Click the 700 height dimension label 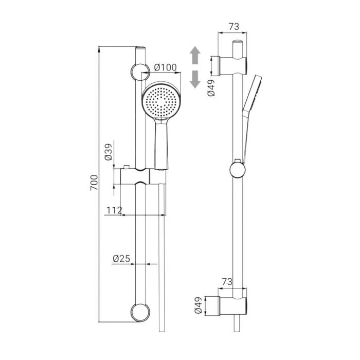tap(94, 183)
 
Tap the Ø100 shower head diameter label tap(166, 67)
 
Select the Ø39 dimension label tap(108, 152)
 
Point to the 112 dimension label tap(114, 210)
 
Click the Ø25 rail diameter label tap(121, 259)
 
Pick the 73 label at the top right tap(233, 27)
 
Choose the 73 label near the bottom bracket tap(227, 281)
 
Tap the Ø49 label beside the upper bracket tap(211, 88)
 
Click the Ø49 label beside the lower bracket tap(198, 305)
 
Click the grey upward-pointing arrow tap(195, 55)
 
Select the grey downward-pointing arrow tap(195, 79)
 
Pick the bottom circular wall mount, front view tap(140, 312)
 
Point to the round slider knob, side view tap(238, 170)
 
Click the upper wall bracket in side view tap(232, 66)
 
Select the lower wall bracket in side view tap(232, 305)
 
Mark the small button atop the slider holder tap(127, 167)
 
